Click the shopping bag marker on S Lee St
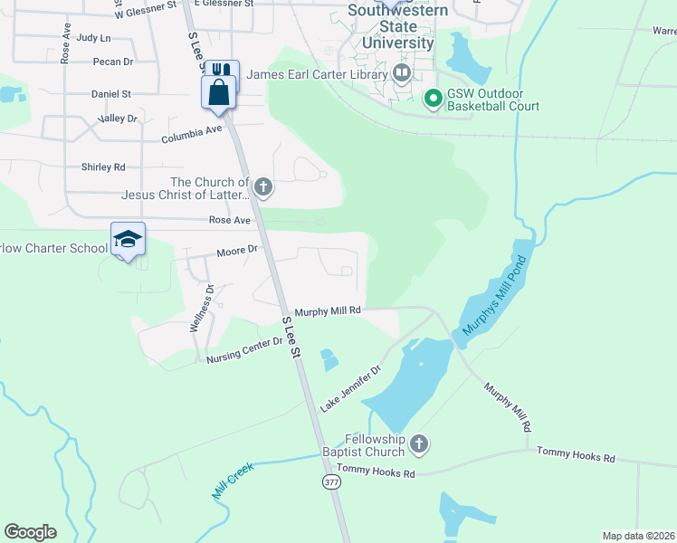click(218, 92)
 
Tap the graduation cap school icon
click(128, 240)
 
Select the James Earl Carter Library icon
click(403, 73)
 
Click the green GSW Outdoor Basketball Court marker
click(433, 98)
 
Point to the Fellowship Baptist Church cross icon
click(418, 443)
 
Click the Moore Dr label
click(237, 251)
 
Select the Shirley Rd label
click(103, 167)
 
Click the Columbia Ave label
click(191, 135)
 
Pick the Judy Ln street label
click(93, 38)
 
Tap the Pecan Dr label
click(112, 62)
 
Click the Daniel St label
click(110, 94)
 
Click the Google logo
click(30, 532)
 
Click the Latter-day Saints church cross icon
click(262, 188)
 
